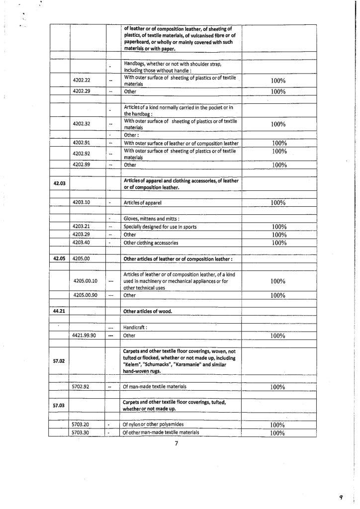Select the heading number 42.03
[x=60, y=183]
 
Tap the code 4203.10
[x=81, y=203]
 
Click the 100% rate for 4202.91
[x=279, y=144]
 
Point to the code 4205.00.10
[x=85, y=281]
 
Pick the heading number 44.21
[x=60, y=311]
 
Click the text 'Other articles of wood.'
[x=148, y=312]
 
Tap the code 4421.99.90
[x=85, y=336]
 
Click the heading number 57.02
[x=60, y=361]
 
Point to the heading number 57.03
[x=60, y=405]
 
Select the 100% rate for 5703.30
[x=277, y=433]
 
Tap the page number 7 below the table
[x=176, y=444]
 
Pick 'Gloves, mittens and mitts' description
[x=151, y=219]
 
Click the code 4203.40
[x=81, y=243]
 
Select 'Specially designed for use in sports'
[x=160, y=227]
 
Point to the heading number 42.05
[x=60, y=258]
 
